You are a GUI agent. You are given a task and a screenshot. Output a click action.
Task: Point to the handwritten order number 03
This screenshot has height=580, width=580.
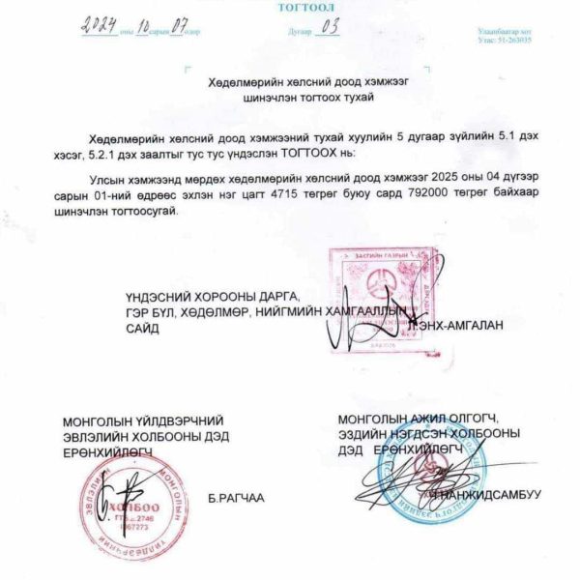click(331, 28)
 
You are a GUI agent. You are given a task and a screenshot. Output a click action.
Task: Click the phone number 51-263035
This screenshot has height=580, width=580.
click(512, 43)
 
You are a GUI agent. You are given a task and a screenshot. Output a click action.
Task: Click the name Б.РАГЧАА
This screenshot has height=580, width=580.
click(236, 499)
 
